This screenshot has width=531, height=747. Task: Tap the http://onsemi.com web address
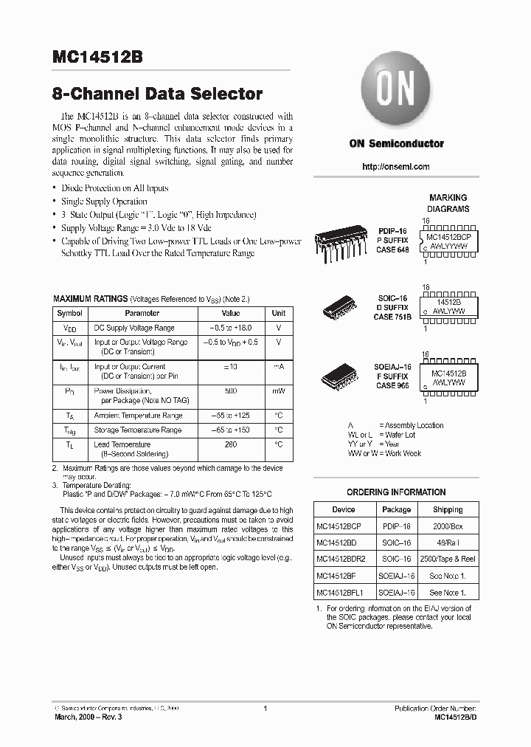click(x=396, y=167)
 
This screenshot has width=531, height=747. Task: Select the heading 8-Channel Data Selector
click(x=157, y=94)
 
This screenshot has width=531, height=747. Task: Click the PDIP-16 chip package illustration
click(x=341, y=240)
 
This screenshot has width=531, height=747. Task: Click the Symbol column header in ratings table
click(x=70, y=313)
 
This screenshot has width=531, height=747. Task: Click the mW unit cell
click(x=278, y=390)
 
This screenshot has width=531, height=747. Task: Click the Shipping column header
click(x=448, y=509)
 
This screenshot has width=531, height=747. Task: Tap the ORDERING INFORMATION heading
click(x=396, y=492)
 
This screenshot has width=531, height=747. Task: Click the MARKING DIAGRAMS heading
click(x=448, y=203)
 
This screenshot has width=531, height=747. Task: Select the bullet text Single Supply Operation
click(x=104, y=202)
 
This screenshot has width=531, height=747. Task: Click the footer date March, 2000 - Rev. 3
click(x=88, y=717)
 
